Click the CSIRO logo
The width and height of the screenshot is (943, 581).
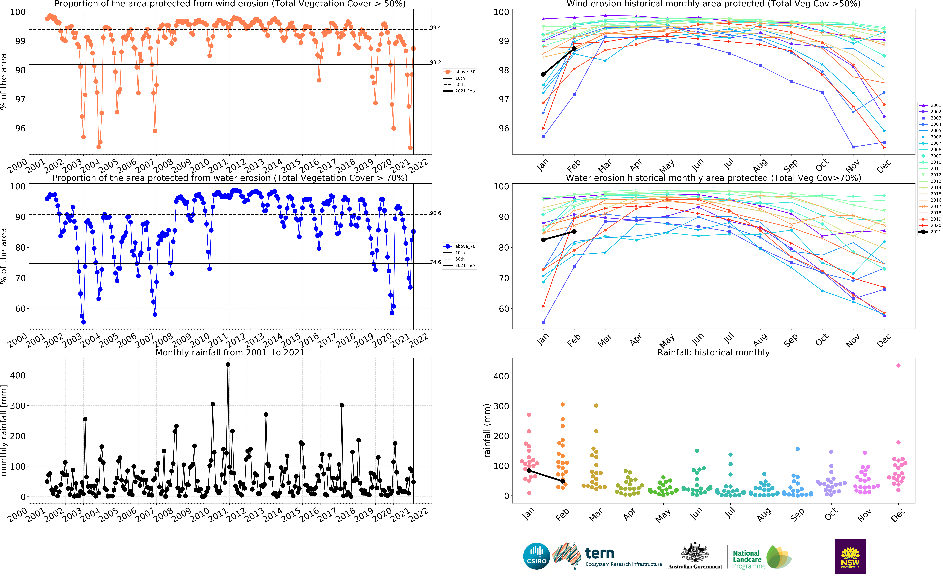point(536,556)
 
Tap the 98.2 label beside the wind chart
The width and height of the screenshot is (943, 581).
point(435,62)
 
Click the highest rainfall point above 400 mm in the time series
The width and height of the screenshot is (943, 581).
point(228,364)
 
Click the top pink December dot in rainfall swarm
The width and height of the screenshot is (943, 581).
point(898,365)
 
